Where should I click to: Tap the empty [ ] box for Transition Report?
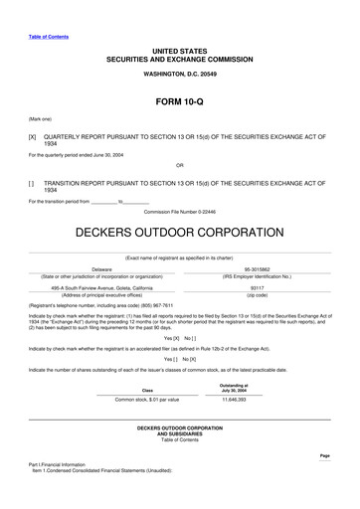(32, 183)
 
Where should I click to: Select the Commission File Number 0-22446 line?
(179, 212)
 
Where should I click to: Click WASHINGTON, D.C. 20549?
(179, 74)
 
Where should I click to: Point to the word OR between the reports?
(179, 165)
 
